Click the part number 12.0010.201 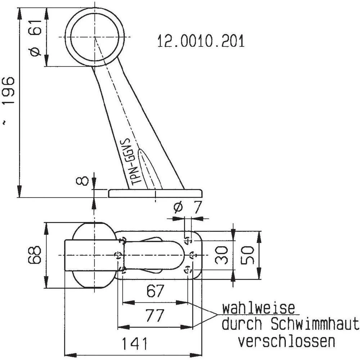pos(201,41)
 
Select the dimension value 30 pos(222,255)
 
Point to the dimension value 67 pos(156,291)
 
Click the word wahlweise pos(258,309)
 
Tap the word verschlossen pos(287,341)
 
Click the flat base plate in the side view pos(155,194)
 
